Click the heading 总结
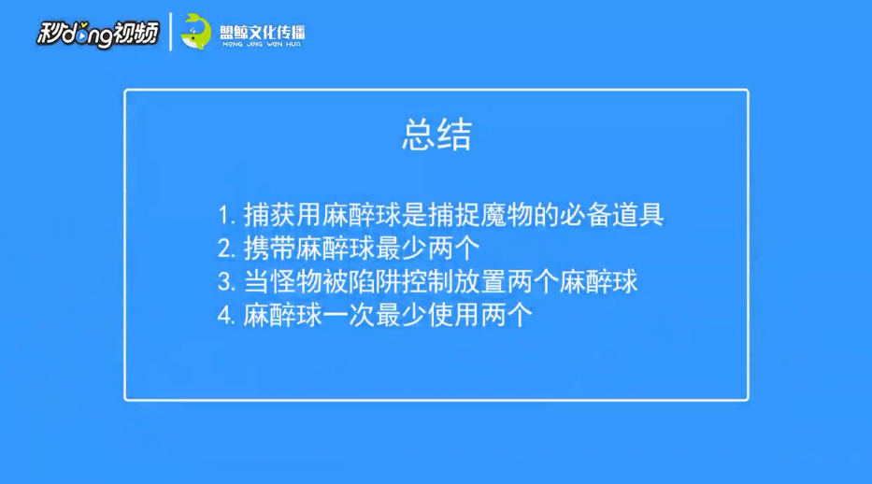click(437, 135)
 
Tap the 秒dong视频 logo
click(97, 34)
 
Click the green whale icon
click(195, 31)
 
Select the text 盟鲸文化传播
click(262, 32)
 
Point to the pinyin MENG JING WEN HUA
click(262, 44)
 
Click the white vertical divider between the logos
click(170, 32)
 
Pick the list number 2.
click(226, 249)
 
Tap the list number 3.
click(226, 282)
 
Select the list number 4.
click(226, 316)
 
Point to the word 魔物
click(507, 215)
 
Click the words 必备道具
click(612, 215)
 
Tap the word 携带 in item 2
click(269, 249)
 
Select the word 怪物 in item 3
click(295, 282)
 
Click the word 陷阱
click(375, 282)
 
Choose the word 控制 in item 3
click(428, 282)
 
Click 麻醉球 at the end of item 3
click(598, 282)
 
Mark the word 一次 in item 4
click(349, 315)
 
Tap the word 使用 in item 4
click(454, 315)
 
